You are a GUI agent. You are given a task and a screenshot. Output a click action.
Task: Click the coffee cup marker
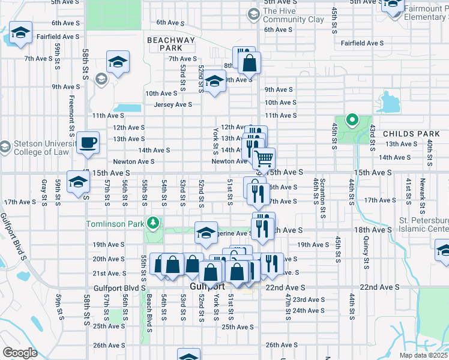pyautogui.click(x=88, y=143)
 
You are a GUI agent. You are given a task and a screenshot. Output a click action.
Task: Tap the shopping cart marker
pyautogui.click(x=264, y=159)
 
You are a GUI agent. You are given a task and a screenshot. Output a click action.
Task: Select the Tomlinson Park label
pyautogui.click(x=116, y=224)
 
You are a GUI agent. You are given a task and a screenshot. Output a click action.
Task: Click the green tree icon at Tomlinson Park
pyautogui.click(x=154, y=223)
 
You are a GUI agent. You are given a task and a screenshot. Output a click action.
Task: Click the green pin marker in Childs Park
pyautogui.click(x=352, y=120)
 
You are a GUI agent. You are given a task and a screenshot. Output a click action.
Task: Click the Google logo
pyautogui.click(x=20, y=352)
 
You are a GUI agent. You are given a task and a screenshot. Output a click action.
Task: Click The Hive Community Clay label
pyautogui.click(x=293, y=15)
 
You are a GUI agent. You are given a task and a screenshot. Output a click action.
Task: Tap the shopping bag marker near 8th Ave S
pyautogui.click(x=249, y=62)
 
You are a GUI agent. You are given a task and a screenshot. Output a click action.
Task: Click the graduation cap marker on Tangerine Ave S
pyautogui.click(x=206, y=233)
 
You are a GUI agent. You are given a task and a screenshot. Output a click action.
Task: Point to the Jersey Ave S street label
pyautogui.click(x=173, y=104)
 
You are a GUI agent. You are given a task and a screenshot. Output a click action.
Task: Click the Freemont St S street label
pyautogui.click(x=71, y=113)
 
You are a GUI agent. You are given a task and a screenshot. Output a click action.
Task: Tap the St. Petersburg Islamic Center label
pyautogui.click(x=424, y=224)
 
